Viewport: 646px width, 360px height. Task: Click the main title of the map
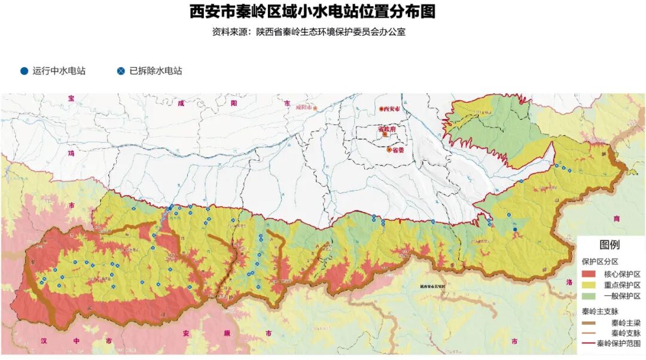[312, 12]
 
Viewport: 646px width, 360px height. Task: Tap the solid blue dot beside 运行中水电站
[24, 71]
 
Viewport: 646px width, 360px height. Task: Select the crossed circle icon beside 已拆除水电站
[121, 71]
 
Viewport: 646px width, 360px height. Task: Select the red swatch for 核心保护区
[589, 274]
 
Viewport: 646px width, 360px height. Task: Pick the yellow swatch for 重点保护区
[589, 285]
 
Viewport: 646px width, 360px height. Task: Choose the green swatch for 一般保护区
[589, 297]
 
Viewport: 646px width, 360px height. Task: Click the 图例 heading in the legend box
[610, 245]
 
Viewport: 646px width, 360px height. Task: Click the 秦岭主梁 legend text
[623, 322]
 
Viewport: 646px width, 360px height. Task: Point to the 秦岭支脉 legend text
[623, 333]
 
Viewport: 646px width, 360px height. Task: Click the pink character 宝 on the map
[71, 99]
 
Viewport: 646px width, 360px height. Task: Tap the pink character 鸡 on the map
[71, 154]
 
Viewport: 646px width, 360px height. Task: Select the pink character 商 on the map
[617, 219]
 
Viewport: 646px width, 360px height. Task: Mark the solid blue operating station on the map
[515, 230]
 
